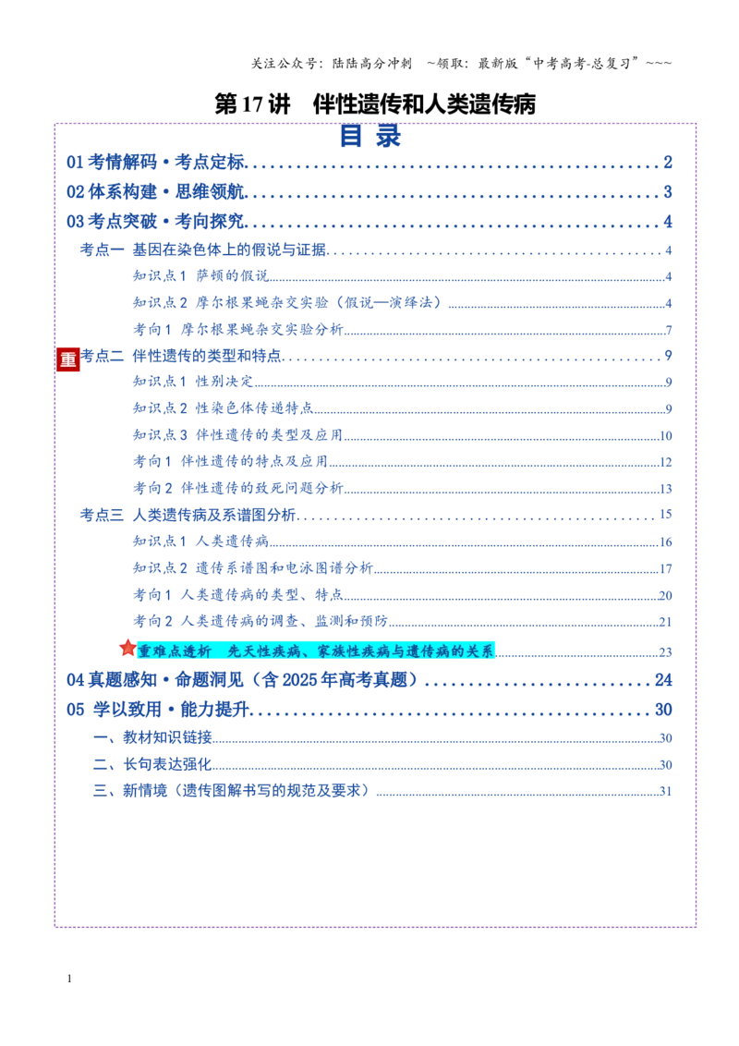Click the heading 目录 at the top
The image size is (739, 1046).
(370, 136)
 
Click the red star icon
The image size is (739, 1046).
(127, 647)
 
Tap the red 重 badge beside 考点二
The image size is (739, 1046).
(68, 359)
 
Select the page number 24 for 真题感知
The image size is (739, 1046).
(663, 680)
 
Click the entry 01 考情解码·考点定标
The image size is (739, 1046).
(156, 162)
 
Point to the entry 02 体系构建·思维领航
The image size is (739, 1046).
(156, 192)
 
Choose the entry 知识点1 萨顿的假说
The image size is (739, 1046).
(200, 275)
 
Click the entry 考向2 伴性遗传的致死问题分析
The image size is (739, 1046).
(238, 488)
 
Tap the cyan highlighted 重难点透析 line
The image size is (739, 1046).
(316, 651)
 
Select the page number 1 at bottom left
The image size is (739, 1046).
(69, 979)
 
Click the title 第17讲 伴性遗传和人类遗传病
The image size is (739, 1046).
(375, 104)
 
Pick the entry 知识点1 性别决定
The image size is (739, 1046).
(193, 382)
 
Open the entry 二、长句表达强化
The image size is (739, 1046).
(152, 764)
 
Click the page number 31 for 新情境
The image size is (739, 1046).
(666, 791)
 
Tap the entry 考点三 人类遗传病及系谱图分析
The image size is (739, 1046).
(188, 515)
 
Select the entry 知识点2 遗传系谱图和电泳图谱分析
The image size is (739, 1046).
(253, 567)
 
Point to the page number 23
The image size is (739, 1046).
(666, 651)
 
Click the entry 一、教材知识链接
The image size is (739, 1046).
(152, 737)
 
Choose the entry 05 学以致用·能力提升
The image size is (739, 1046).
(158, 709)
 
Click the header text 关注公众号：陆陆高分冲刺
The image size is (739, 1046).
(332, 64)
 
